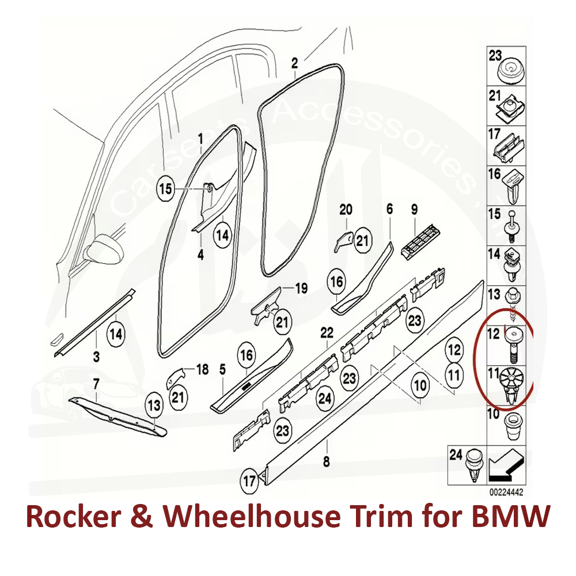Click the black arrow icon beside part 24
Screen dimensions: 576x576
tap(501, 466)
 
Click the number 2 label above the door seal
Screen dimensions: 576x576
tap(295, 63)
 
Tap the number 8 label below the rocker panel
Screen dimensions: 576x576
tap(327, 461)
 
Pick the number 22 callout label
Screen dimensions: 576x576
tap(327, 332)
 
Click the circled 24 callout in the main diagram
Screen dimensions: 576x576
tap(325, 397)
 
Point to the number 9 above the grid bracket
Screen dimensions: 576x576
tap(414, 209)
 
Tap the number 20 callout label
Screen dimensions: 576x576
tap(345, 209)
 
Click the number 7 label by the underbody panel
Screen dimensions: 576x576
tap(96, 382)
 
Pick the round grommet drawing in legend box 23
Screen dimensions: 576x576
tap(511, 73)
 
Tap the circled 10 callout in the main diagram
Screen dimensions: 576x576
tap(420, 385)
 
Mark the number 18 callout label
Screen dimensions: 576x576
tap(202, 369)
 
